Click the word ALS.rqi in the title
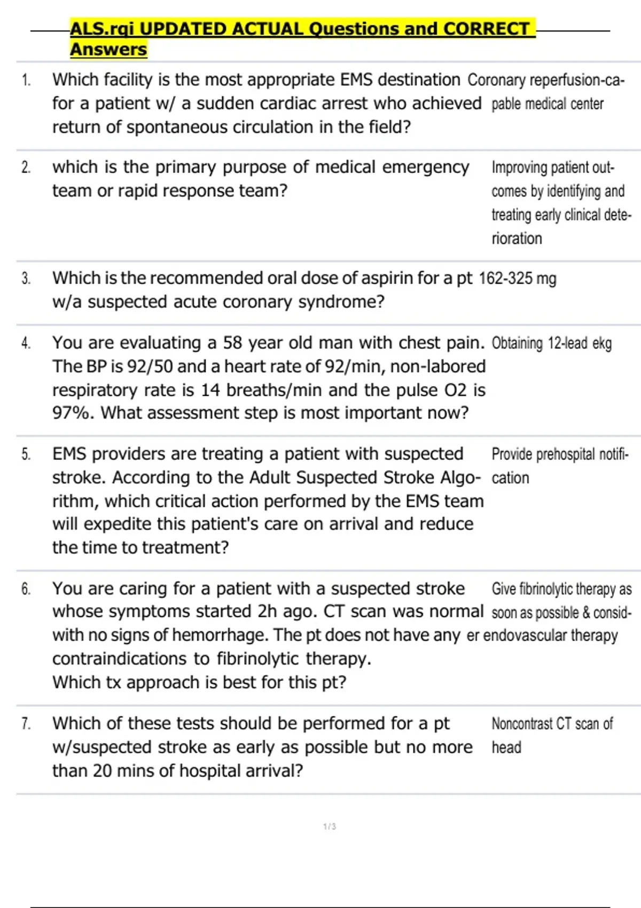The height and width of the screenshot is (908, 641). point(102,29)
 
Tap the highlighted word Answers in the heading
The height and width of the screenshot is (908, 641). point(108,50)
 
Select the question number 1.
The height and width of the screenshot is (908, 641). point(26,81)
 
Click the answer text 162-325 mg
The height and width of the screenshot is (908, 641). point(518,279)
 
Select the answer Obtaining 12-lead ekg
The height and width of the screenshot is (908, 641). point(551,343)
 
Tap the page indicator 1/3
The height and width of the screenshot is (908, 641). point(330,827)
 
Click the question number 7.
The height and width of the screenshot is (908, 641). point(26,724)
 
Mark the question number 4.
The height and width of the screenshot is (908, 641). point(26,343)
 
